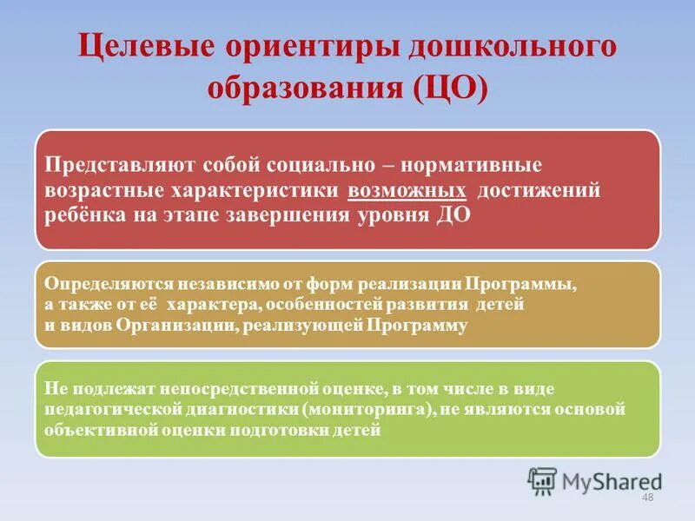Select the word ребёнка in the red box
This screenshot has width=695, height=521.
83,215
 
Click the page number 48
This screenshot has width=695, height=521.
646,497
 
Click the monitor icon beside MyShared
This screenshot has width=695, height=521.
542,480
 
